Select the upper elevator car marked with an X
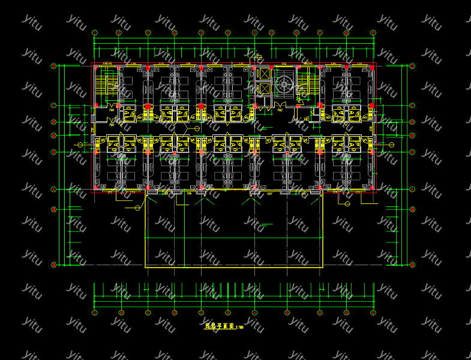pyautogui.click(x=262, y=74)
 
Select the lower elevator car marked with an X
pyautogui.click(x=262, y=89)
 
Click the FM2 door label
pyautogui.click(x=280, y=110)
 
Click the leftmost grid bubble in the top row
pyautogui.click(x=94, y=32)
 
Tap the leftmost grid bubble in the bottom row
pyautogui.click(x=94, y=313)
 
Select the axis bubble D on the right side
pyautogui.click(x=412, y=136)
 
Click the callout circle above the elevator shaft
pyautogui.click(x=260, y=58)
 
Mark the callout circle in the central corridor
pyautogui.click(x=196, y=128)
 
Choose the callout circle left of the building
pyautogui.click(x=81, y=145)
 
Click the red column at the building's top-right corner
pyautogui.click(x=374, y=64)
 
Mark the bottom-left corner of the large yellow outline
pyautogui.click(x=146, y=266)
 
